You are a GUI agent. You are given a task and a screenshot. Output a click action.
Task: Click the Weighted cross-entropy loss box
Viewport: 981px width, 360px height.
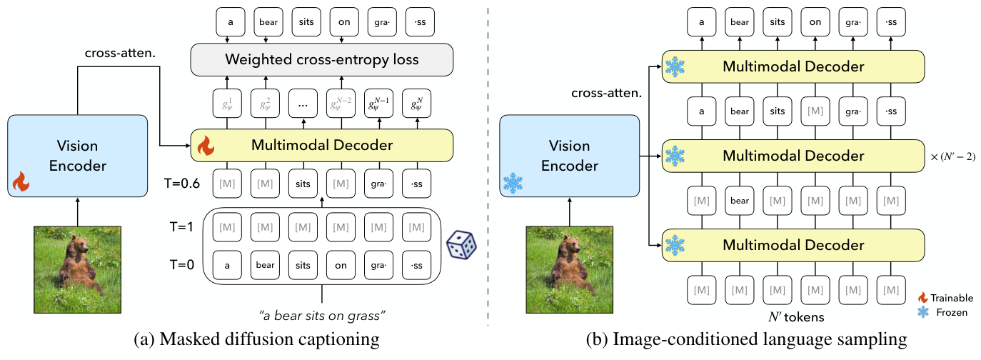(x=322, y=59)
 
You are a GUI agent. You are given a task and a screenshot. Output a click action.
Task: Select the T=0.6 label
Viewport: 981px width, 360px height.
(x=181, y=184)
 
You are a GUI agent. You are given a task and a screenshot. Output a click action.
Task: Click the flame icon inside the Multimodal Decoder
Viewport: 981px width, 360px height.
(x=206, y=147)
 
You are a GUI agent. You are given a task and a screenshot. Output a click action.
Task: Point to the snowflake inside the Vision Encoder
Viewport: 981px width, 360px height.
(x=513, y=182)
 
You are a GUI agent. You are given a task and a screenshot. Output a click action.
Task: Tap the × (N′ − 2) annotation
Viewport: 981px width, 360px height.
(x=952, y=156)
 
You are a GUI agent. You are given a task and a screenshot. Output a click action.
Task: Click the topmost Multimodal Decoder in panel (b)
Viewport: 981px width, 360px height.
(x=793, y=67)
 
